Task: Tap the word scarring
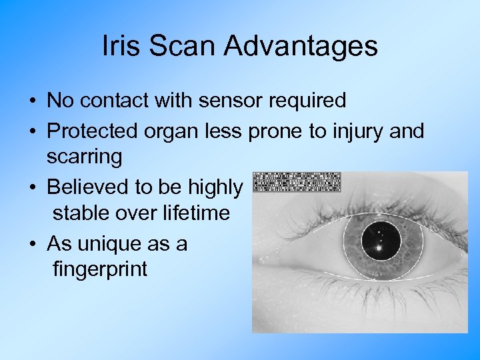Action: pos(85,158)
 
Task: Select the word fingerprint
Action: pos(100,271)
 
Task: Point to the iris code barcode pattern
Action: pos(297,182)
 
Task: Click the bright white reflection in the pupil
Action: pos(379,248)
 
